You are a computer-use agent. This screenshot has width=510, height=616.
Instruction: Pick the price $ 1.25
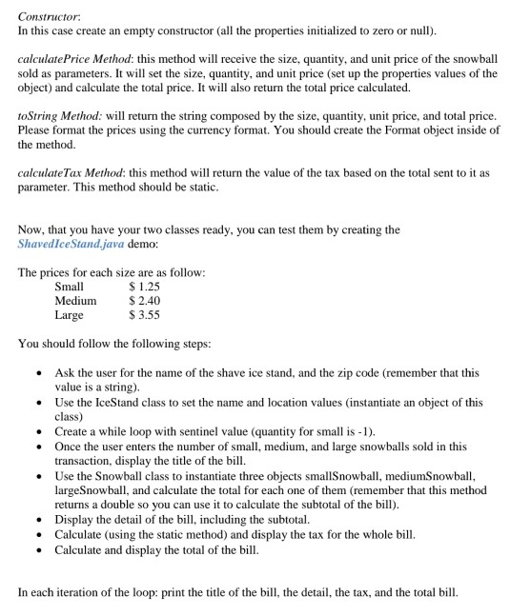(145, 286)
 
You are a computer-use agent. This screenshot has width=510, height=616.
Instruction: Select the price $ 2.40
(145, 300)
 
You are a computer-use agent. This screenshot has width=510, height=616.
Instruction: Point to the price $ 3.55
(145, 314)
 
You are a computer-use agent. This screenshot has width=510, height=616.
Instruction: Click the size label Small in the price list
(70, 286)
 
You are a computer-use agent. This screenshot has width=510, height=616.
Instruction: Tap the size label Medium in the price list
(75, 300)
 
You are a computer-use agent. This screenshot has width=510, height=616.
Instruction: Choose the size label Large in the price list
(70, 314)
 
